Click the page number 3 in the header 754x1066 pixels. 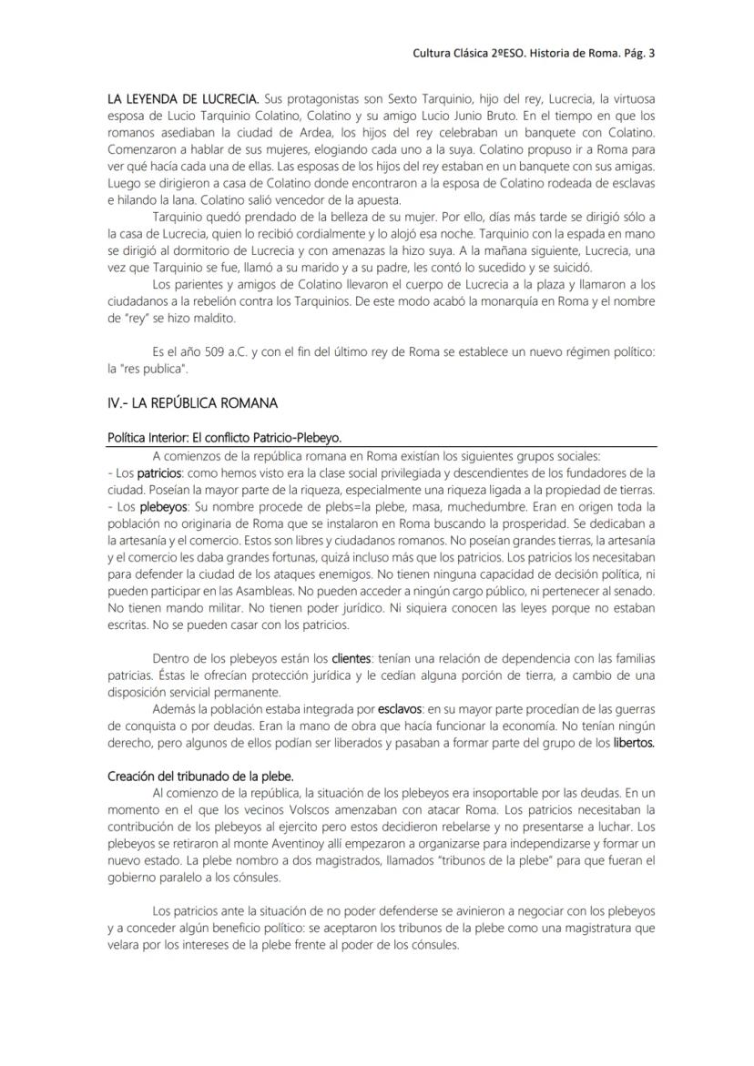pyautogui.click(x=651, y=53)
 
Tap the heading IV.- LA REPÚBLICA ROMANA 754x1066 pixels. pyautogui.click(x=192, y=402)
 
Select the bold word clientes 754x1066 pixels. pyautogui.click(x=351, y=658)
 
